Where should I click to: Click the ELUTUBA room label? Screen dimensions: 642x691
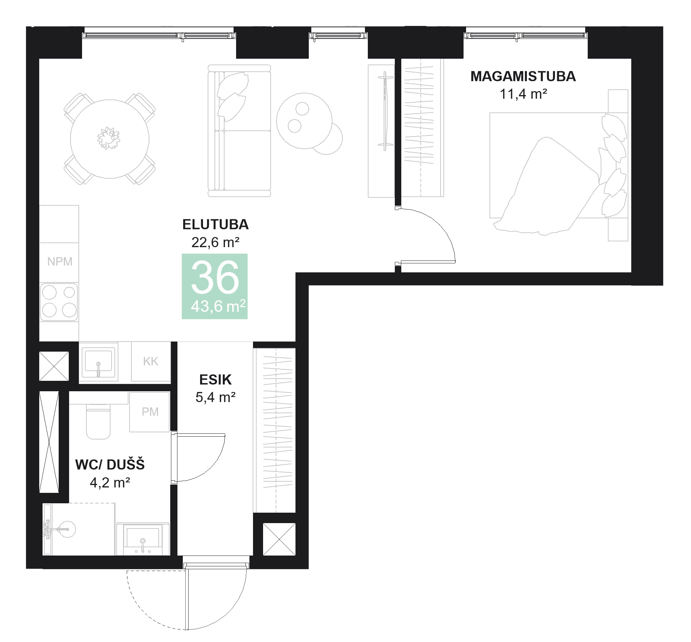tap(215, 224)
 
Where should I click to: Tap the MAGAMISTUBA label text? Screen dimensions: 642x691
tap(523, 76)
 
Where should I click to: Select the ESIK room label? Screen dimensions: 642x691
tap(215, 380)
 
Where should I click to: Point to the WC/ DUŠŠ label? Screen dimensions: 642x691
tap(110, 465)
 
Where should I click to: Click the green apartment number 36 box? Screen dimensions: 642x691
tap(214, 286)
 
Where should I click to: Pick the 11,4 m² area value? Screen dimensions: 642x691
tap(523, 94)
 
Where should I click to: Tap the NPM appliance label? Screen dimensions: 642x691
tap(60, 262)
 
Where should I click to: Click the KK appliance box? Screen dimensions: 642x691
tap(150, 361)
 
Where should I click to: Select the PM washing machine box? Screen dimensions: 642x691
tap(149, 412)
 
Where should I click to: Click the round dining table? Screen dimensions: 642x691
tap(109, 139)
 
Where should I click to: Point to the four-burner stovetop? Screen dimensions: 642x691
tap(59, 302)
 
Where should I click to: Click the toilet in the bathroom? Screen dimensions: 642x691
tap(98, 423)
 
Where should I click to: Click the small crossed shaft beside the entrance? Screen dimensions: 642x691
tap(279, 539)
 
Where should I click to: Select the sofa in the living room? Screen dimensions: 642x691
tap(239, 130)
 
